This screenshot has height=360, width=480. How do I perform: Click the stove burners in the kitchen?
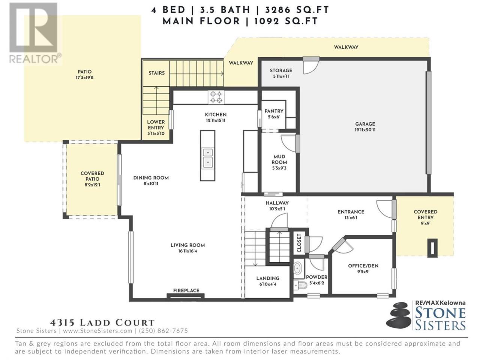(216, 97)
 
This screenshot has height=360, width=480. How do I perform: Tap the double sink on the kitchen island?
(207, 158)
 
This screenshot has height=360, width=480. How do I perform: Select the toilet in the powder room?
(300, 285)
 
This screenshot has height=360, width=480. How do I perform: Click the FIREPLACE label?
(186, 291)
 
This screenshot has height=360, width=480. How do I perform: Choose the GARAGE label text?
(365, 124)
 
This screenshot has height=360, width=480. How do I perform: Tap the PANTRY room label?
(274, 111)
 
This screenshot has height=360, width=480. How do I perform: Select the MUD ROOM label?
(279, 159)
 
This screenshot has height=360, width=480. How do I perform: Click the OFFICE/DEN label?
(363, 266)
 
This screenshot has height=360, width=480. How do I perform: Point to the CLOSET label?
(299, 243)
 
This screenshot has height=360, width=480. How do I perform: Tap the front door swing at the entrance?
(384, 209)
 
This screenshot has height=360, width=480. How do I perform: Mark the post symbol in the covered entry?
(432, 247)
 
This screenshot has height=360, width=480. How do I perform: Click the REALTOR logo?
(35, 33)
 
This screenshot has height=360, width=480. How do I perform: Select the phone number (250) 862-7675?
(163, 331)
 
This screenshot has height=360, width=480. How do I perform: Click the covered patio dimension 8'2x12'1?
(92, 185)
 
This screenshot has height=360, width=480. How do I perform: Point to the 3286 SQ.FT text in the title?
(297, 10)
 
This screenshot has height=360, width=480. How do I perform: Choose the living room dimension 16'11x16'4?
(187, 251)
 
